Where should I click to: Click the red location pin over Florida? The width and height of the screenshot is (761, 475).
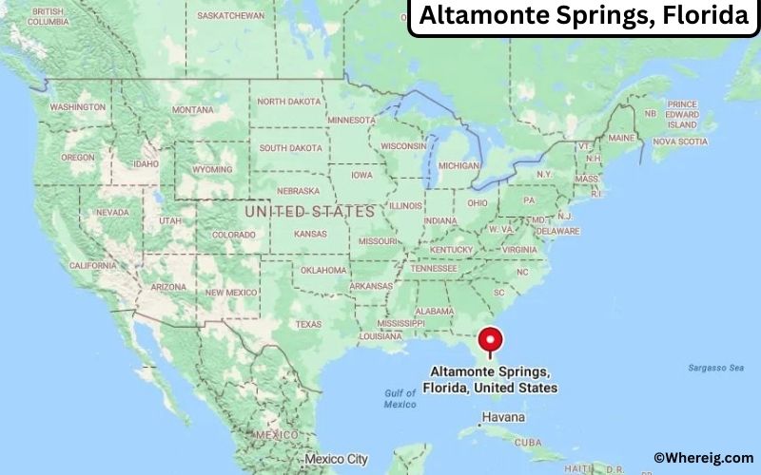[491, 340]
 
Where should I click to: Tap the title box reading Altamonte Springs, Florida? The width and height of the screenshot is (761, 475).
[583, 16]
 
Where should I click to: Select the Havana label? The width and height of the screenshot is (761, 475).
[503, 418]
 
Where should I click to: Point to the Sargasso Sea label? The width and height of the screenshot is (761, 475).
[716, 367]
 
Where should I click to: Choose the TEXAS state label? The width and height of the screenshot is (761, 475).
[308, 324]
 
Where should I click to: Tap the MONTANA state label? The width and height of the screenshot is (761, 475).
[192, 110]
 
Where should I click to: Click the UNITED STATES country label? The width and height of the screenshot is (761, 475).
[310, 211]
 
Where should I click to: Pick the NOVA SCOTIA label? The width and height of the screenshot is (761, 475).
[680, 142]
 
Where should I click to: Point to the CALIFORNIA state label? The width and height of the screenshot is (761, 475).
[93, 265]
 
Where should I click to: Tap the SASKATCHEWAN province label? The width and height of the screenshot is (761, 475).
[230, 16]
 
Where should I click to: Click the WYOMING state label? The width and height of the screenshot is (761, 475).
[211, 170]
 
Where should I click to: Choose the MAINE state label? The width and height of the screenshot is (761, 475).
[621, 138]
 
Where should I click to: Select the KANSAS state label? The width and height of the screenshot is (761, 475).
[310, 234]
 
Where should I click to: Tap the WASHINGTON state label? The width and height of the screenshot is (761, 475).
[78, 107]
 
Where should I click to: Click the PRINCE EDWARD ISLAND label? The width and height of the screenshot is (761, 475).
[682, 114]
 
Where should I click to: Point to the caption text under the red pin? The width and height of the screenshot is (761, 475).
[494, 380]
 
